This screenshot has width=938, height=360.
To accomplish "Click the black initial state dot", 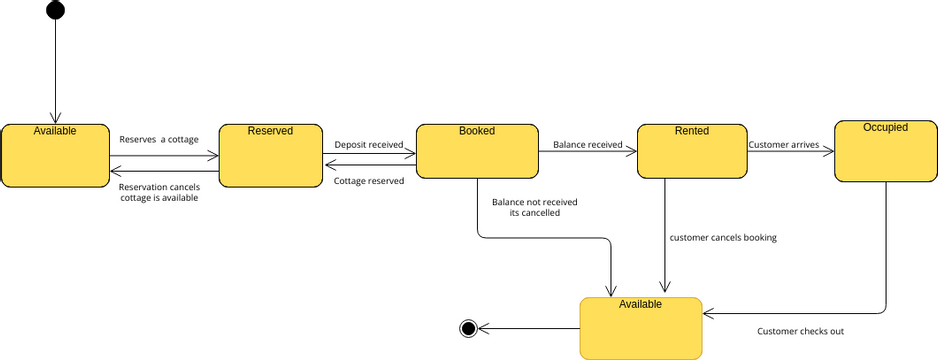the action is pyautogui.click(x=55, y=10).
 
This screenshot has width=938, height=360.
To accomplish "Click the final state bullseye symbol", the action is pyautogui.click(x=468, y=328).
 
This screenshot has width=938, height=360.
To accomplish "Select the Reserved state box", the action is pyautogui.click(x=270, y=155).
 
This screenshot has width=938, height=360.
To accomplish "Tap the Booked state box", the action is pyautogui.click(x=477, y=151).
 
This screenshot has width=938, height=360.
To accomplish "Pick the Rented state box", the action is pyautogui.click(x=692, y=151).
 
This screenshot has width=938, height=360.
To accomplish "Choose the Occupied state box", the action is pyautogui.click(x=886, y=151).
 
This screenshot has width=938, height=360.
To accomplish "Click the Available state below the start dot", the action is pyautogui.click(x=55, y=155).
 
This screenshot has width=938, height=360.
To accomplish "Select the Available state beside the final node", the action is pyautogui.click(x=641, y=328).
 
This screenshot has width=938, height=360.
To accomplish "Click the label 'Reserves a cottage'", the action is pyautogui.click(x=159, y=140).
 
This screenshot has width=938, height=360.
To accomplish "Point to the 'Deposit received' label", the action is pyautogui.click(x=368, y=145).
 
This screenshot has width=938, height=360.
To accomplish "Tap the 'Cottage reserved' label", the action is pyautogui.click(x=368, y=181).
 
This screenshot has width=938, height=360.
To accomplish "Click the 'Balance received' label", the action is pyautogui.click(x=587, y=145).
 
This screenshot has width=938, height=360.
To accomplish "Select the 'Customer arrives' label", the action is pyautogui.click(x=784, y=145).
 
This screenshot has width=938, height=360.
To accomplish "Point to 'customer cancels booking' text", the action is pyautogui.click(x=723, y=237).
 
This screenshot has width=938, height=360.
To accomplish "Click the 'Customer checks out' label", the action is pyautogui.click(x=800, y=331).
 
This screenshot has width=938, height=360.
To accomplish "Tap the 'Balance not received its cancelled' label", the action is pyautogui.click(x=535, y=207).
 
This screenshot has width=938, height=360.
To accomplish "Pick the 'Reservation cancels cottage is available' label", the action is pyautogui.click(x=159, y=192).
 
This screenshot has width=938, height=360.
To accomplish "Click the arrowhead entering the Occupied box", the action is pyautogui.click(x=829, y=152).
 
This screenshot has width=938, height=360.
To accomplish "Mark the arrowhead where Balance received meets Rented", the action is pyautogui.click(x=631, y=152).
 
